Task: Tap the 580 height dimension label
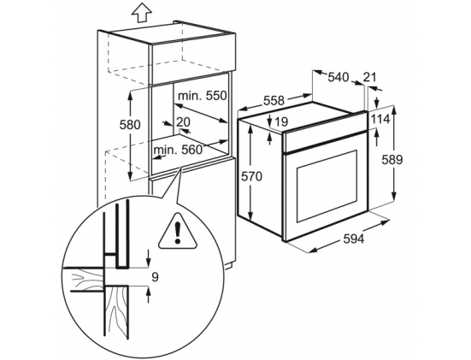130,124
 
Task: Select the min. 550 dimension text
202,96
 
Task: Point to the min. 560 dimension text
178,150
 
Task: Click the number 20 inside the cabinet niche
183,122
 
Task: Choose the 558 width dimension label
274,100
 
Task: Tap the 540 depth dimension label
338,77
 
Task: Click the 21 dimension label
369,77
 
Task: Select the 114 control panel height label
380,120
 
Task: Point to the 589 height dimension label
392,160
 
